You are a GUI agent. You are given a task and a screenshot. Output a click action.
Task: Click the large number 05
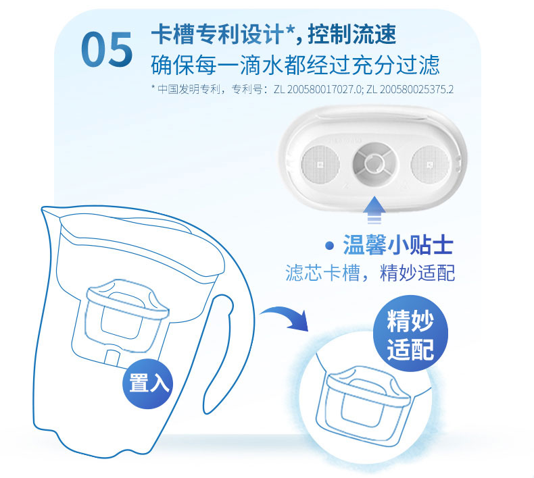click(x=107, y=49)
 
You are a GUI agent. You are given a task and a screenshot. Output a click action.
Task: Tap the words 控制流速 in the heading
click(x=351, y=34)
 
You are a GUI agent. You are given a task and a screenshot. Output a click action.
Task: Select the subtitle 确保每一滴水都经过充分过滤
click(x=295, y=64)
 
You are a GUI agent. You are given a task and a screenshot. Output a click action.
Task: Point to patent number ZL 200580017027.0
click(x=318, y=90)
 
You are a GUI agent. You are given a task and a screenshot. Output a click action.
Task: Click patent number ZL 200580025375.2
click(x=410, y=90)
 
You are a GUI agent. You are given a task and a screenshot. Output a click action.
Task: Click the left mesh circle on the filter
click(x=320, y=164)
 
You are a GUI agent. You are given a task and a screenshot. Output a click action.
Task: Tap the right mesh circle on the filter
click(x=430, y=164)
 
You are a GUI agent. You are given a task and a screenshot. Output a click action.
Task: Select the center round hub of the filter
click(x=375, y=163)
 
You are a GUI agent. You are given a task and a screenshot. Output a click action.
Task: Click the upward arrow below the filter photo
click(x=374, y=209)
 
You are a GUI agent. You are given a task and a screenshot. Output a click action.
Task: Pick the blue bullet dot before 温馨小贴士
click(x=329, y=245)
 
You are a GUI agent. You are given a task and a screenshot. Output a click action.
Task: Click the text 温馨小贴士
click(x=397, y=245)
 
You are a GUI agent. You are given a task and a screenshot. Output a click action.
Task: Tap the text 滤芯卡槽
click(x=323, y=273)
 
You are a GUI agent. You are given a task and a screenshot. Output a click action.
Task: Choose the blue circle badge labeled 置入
click(x=148, y=383)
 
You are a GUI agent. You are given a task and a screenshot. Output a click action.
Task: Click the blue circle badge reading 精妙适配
click(x=410, y=334)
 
